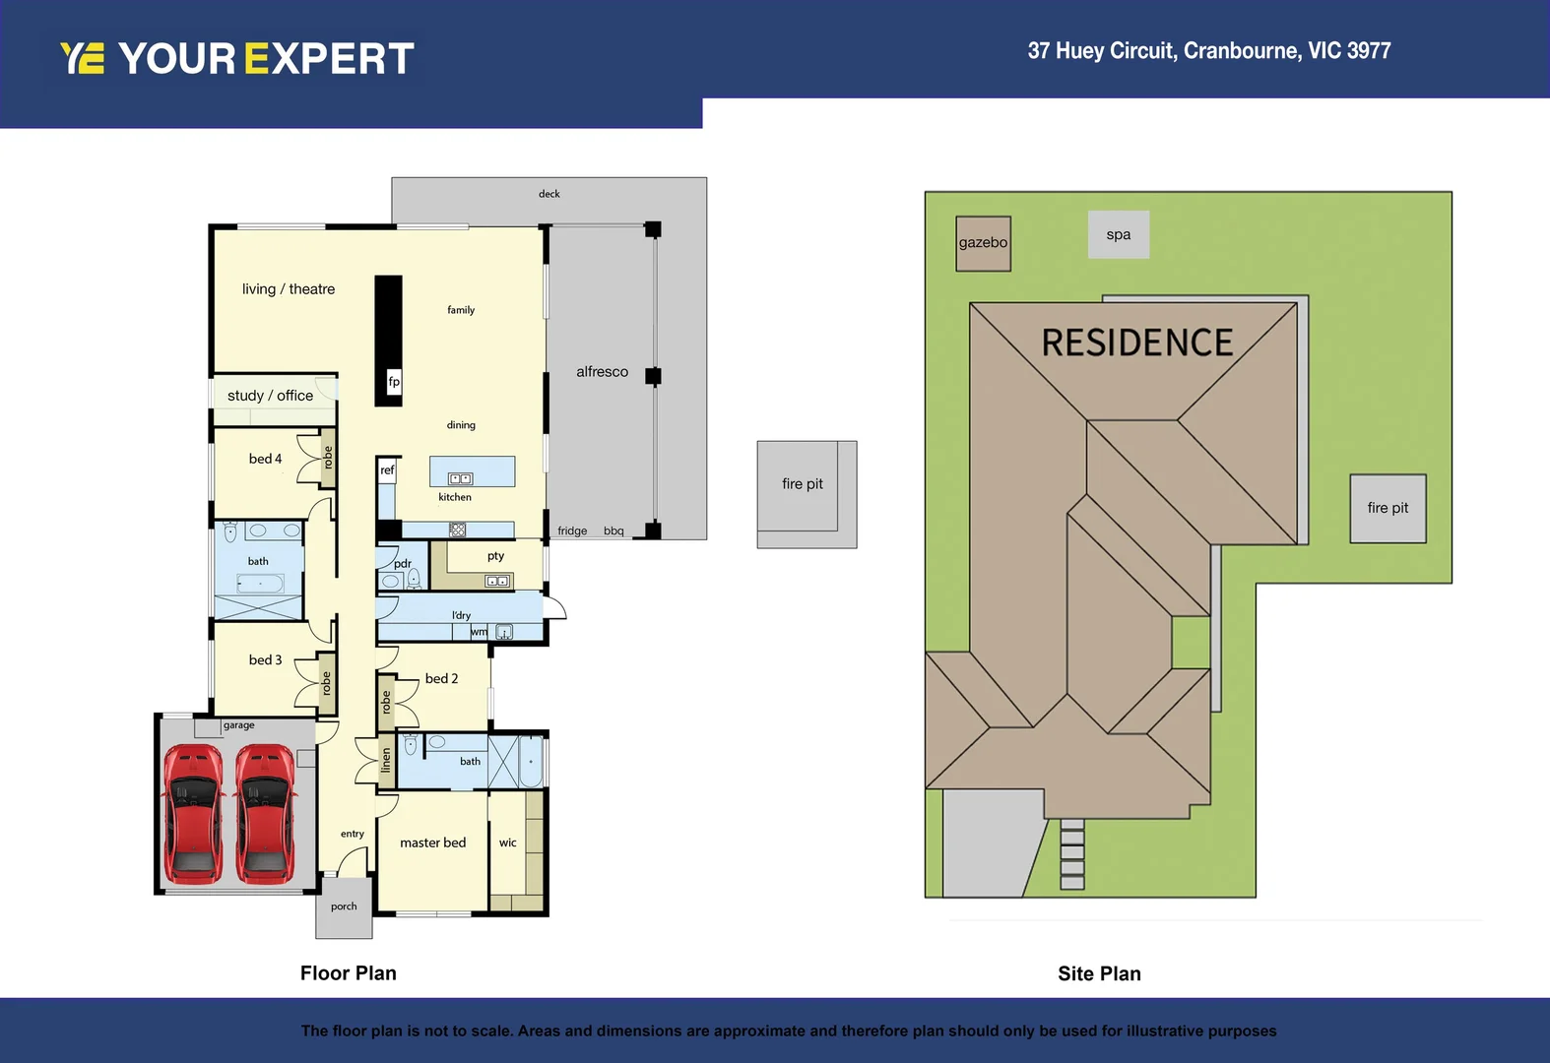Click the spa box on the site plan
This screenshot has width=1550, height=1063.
[1118, 235]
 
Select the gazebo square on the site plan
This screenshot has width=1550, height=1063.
[983, 243]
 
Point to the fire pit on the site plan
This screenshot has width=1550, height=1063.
[1388, 508]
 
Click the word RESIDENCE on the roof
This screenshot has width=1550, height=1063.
[1136, 344]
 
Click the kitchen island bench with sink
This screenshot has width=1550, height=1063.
[472, 471]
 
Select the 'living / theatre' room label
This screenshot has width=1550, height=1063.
[289, 289]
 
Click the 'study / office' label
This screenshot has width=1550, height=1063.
[270, 396]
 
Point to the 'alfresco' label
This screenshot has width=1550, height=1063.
[602, 372]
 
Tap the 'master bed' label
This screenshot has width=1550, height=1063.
[432, 844]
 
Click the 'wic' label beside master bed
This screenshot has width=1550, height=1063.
[507, 844]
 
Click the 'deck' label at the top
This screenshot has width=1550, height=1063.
[549, 194]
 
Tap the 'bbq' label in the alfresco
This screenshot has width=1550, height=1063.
[614, 531]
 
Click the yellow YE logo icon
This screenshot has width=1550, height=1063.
[82, 59]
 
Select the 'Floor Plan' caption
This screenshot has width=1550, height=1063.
[348, 973]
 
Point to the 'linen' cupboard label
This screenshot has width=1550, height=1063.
[386, 760]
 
